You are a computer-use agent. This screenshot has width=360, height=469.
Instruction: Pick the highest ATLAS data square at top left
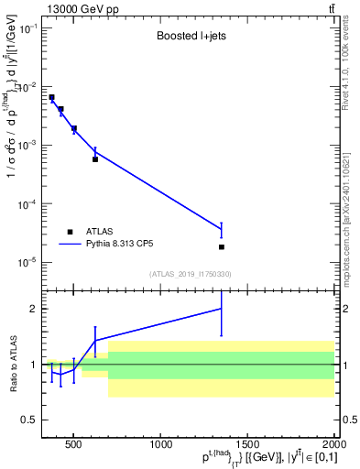coord(52,97)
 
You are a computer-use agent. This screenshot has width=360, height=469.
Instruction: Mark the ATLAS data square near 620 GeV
coord(95,159)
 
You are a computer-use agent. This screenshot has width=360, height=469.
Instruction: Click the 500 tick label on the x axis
coord(74,446)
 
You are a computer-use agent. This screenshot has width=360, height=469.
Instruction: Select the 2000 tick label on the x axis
coord(333,446)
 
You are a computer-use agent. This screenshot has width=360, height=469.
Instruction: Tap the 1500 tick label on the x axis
coord(248,446)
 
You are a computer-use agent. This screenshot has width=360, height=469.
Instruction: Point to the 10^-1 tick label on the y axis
coord(27,28)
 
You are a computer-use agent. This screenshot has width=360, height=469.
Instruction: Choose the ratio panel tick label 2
coord(33,309)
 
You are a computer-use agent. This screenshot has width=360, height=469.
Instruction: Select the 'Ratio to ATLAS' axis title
coord(12,365)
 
